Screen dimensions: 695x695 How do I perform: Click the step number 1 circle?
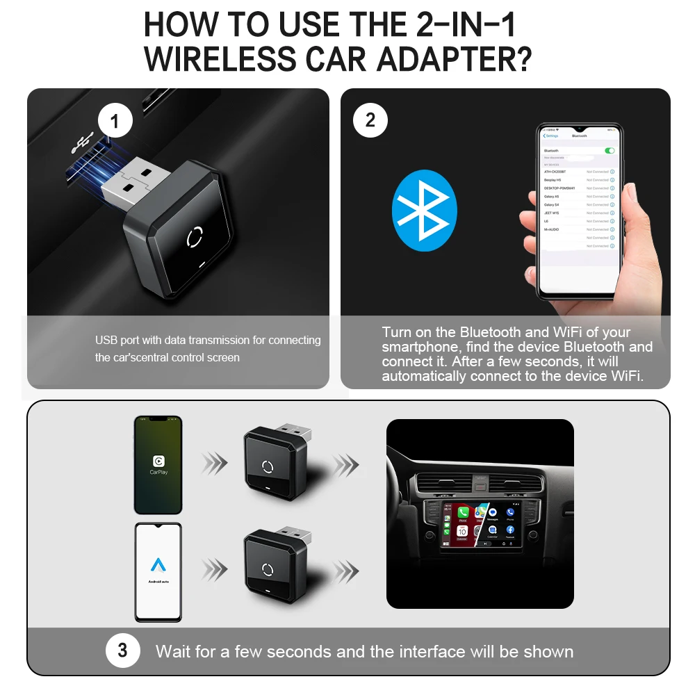115,123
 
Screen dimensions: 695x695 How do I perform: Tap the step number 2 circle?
370,120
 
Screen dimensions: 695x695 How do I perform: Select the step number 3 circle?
123,651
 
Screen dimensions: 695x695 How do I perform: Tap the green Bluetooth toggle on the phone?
610,150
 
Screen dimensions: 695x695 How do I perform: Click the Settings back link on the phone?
551,136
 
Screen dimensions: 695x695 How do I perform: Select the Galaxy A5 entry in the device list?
552,197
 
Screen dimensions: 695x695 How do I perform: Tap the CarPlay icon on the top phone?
158,461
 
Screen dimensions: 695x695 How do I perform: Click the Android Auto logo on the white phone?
158,566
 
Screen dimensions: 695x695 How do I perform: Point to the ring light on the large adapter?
195,237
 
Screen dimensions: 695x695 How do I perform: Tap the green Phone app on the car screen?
464,514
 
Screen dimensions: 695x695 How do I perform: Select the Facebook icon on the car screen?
510,530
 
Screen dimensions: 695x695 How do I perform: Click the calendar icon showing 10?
463,532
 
